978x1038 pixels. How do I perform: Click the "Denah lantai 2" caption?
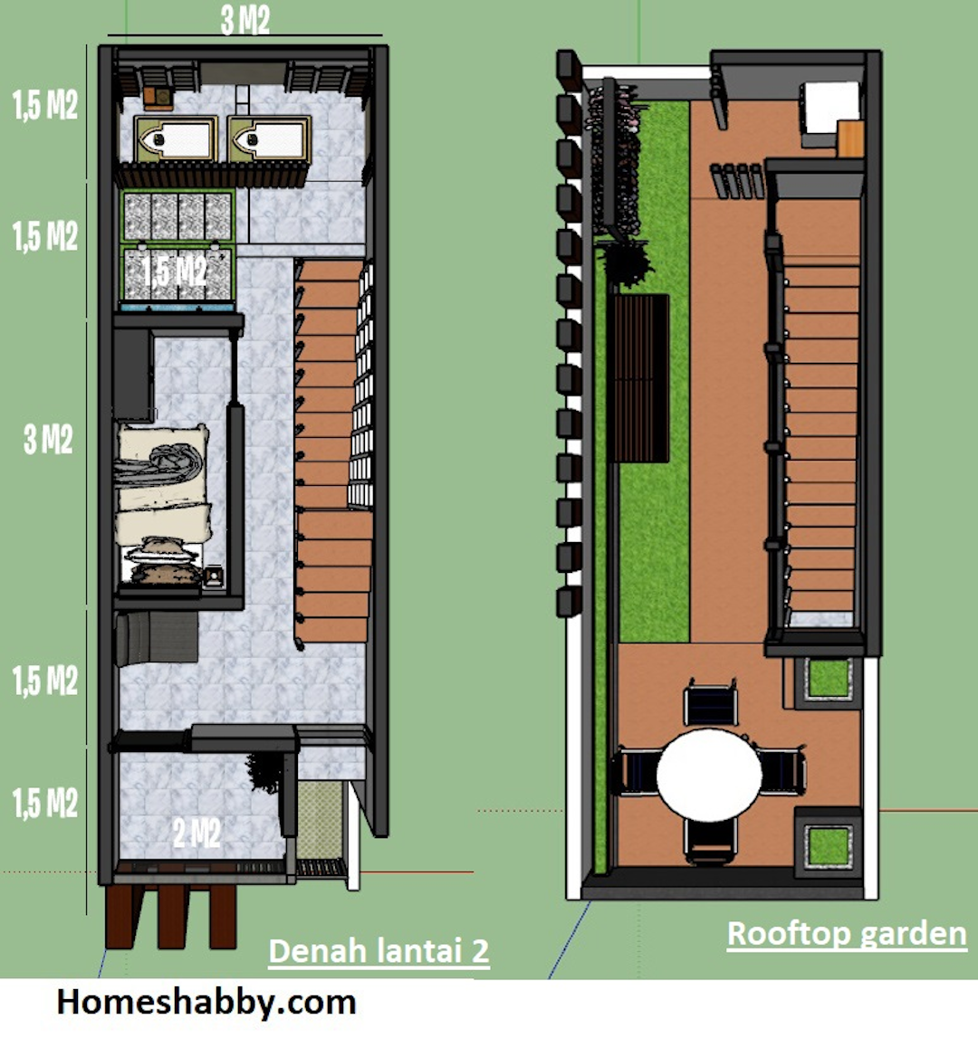379,951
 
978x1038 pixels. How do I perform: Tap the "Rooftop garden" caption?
847,934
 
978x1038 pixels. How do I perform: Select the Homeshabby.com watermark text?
206,1002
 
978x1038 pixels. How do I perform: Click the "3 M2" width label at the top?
245,21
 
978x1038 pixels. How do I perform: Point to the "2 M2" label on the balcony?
197,833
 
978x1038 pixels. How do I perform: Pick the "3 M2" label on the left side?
48,440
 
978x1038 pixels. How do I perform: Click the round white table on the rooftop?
709,775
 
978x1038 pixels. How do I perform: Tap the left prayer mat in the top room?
176,139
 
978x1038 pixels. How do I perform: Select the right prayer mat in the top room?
269,139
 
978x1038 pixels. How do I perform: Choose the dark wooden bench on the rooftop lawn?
641,378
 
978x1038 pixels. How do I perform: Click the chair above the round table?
711,702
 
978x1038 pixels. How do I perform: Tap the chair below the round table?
711,841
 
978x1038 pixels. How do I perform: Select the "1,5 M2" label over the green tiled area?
175,271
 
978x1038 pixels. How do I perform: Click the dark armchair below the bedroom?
157,638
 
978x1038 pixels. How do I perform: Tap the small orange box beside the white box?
851,139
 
